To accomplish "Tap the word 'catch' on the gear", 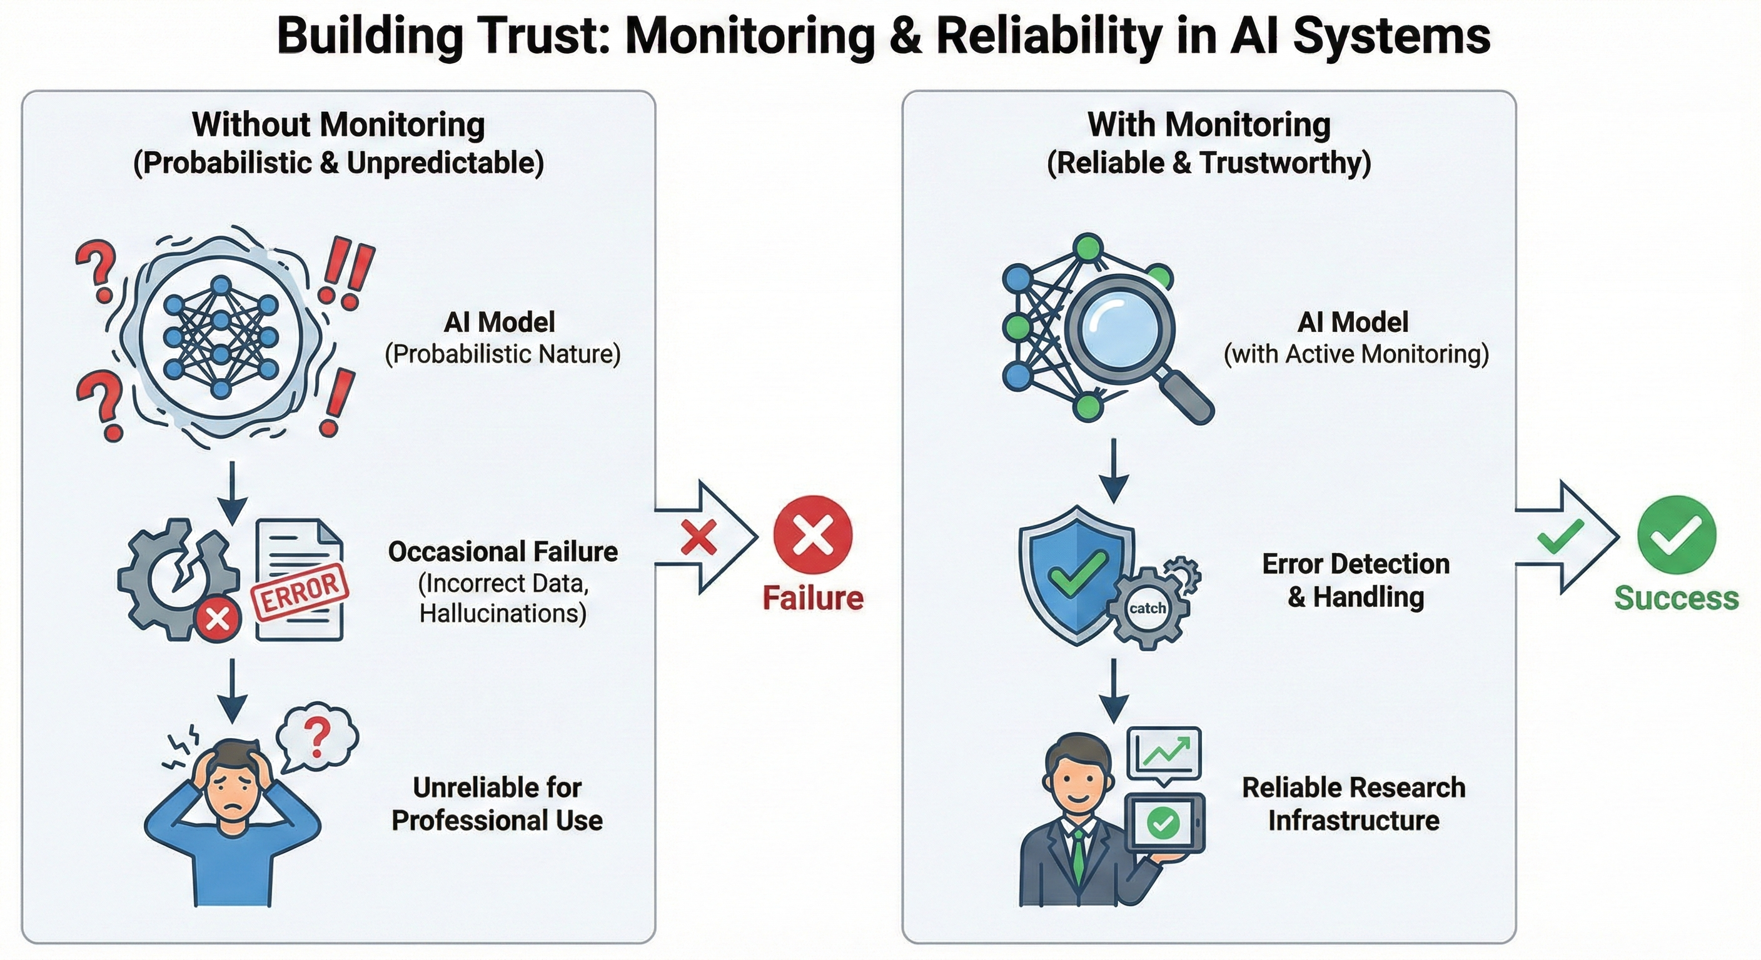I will point(1147,608).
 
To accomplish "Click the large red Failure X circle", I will point(813,534).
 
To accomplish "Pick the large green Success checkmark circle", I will point(1677,534).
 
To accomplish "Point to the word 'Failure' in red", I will point(813,598).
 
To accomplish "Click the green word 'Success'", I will point(1676,598).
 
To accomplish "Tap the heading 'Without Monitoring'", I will point(338,125).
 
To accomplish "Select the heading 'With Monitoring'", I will point(1209,125).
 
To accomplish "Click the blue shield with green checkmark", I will point(1076,574).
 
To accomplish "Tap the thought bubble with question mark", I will point(316,737).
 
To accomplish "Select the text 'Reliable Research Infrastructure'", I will point(1353,804).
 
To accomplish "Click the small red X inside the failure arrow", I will point(699,537).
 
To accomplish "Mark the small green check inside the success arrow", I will point(1561,537).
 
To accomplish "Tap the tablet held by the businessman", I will point(1164,823).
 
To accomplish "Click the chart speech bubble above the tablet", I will point(1164,754).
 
